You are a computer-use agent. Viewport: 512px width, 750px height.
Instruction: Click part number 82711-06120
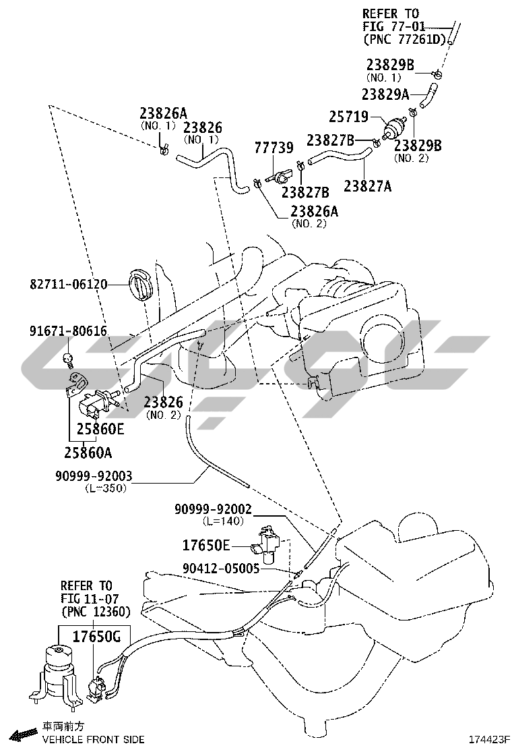68,285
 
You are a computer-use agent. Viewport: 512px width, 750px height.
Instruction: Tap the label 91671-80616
68,331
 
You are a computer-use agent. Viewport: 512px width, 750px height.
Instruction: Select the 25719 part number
348,117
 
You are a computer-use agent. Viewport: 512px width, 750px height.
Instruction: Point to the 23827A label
367,185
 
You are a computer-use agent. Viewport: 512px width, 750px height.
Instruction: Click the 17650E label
207,544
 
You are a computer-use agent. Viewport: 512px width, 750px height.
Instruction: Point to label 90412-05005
220,569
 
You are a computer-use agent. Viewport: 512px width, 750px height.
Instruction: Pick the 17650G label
96,635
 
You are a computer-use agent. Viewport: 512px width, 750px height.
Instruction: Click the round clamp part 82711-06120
140,286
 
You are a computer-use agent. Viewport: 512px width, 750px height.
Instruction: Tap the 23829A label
385,95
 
